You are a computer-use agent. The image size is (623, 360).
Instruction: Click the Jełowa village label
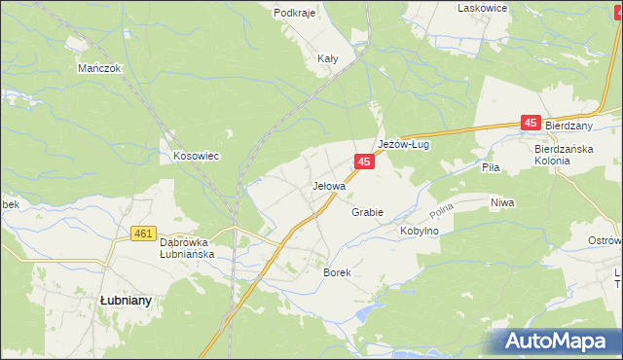click(x=329, y=185)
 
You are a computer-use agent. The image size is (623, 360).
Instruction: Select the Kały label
click(x=328, y=58)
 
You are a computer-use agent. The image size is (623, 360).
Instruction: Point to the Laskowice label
click(x=483, y=8)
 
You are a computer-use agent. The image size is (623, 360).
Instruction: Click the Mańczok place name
click(x=98, y=69)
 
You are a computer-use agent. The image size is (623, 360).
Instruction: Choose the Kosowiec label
click(x=196, y=156)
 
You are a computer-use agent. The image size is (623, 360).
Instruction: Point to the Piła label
click(x=491, y=167)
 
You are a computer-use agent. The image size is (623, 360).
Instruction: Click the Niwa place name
click(x=502, y=202)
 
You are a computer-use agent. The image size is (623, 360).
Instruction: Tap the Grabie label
click(x=367, y=212)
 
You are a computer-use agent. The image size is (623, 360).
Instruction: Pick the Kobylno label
click(x=420, y=232)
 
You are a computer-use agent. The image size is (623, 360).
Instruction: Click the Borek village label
click(x=337, y=273)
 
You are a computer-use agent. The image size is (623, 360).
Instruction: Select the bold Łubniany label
click(x=126, y=301)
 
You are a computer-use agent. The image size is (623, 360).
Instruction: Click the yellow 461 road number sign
click(x=143, y=234)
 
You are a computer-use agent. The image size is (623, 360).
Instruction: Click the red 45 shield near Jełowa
click(x=363, y=162)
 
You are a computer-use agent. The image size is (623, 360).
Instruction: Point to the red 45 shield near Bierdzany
click(x=531, y=123)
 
